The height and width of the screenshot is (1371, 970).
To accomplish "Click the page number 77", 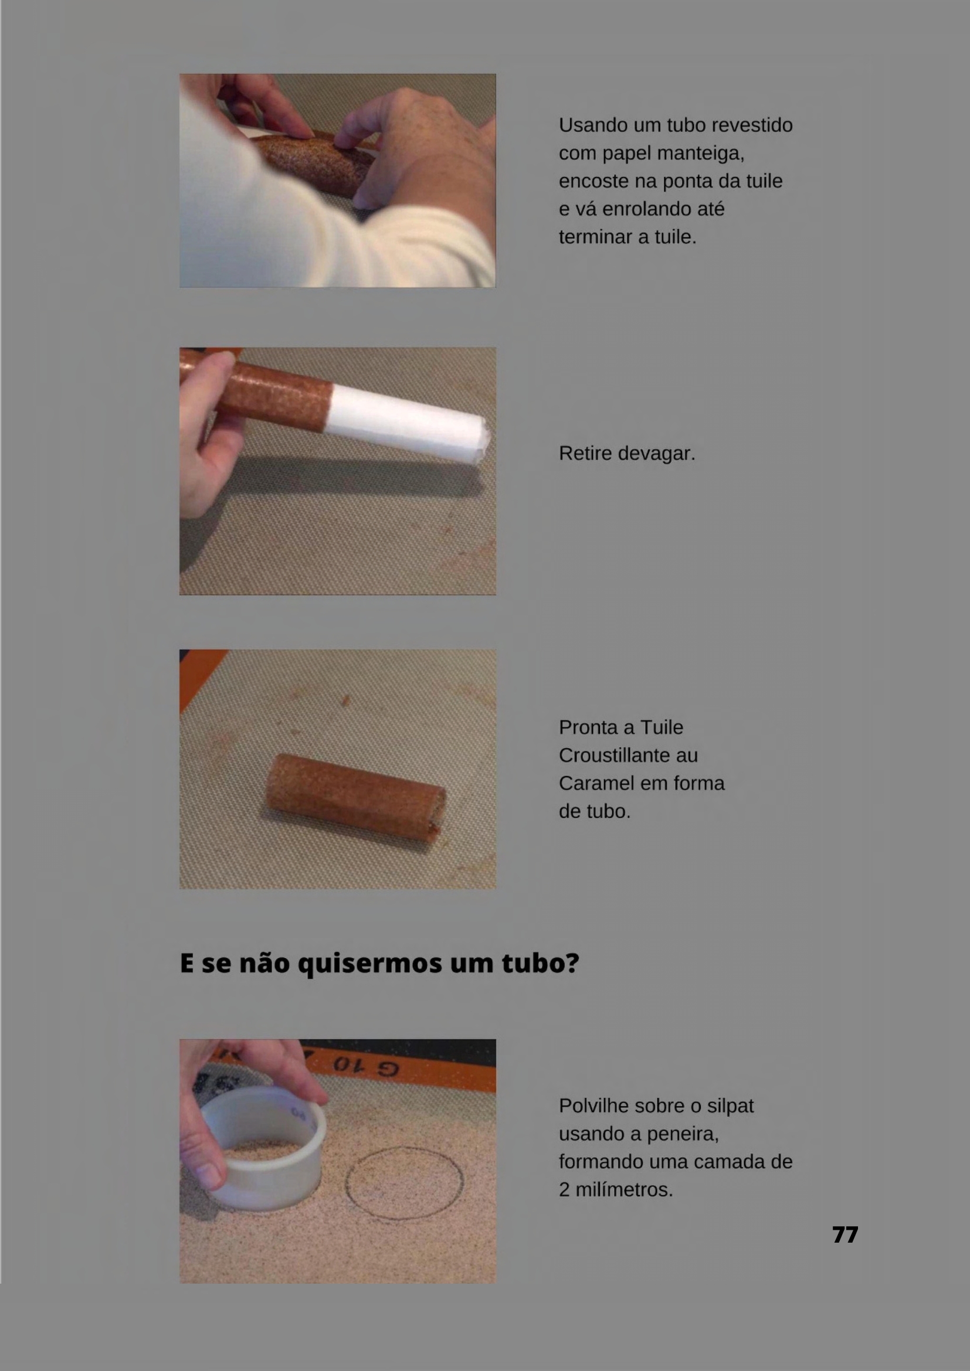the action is (845, 1235).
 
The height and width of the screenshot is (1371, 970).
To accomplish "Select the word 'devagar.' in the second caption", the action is (657, 454).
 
